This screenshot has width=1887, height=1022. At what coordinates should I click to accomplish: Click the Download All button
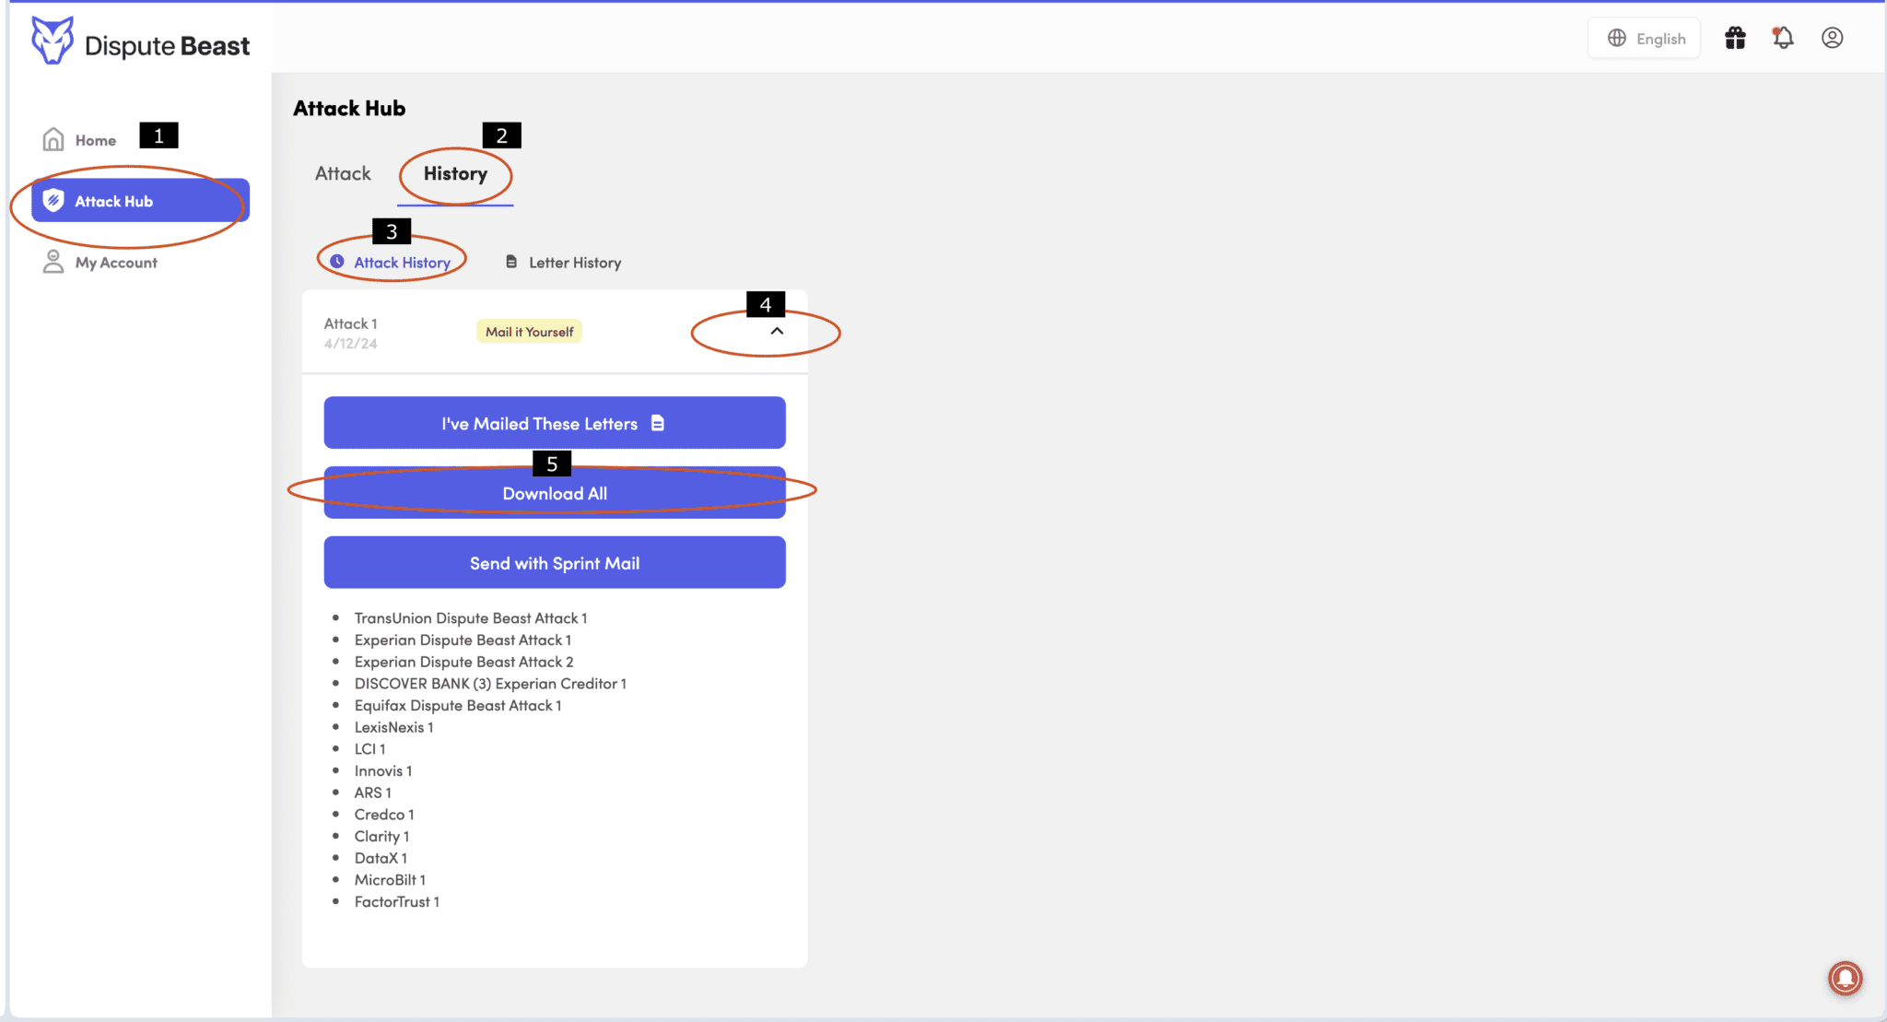coord(554,494)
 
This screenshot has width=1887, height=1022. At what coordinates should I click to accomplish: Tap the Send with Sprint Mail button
coord(554,563)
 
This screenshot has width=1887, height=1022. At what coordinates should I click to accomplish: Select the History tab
coord(455,174)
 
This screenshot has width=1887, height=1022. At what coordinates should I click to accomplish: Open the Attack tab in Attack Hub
coord(343,174)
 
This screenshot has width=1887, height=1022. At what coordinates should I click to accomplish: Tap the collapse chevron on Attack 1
coord(777,331)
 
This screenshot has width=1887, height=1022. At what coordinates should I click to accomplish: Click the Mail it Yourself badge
coord(529,332)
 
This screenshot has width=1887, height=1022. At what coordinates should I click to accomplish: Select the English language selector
coord(1646,39)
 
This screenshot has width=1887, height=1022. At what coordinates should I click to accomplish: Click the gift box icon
coord(1735,38)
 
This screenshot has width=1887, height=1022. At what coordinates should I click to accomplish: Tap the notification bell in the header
coord(1783,38)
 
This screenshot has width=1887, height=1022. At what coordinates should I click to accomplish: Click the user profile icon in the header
coord(1832,38)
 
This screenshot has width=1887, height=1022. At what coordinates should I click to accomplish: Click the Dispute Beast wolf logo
coord(52,41)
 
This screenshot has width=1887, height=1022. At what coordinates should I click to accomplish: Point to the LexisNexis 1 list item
coord(393,727)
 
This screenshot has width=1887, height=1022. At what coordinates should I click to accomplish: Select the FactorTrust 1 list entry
coord(396,902)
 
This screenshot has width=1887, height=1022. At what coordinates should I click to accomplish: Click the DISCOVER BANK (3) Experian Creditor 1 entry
coord(490,684)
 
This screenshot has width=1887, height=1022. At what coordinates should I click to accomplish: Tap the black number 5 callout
coord(552,464)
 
